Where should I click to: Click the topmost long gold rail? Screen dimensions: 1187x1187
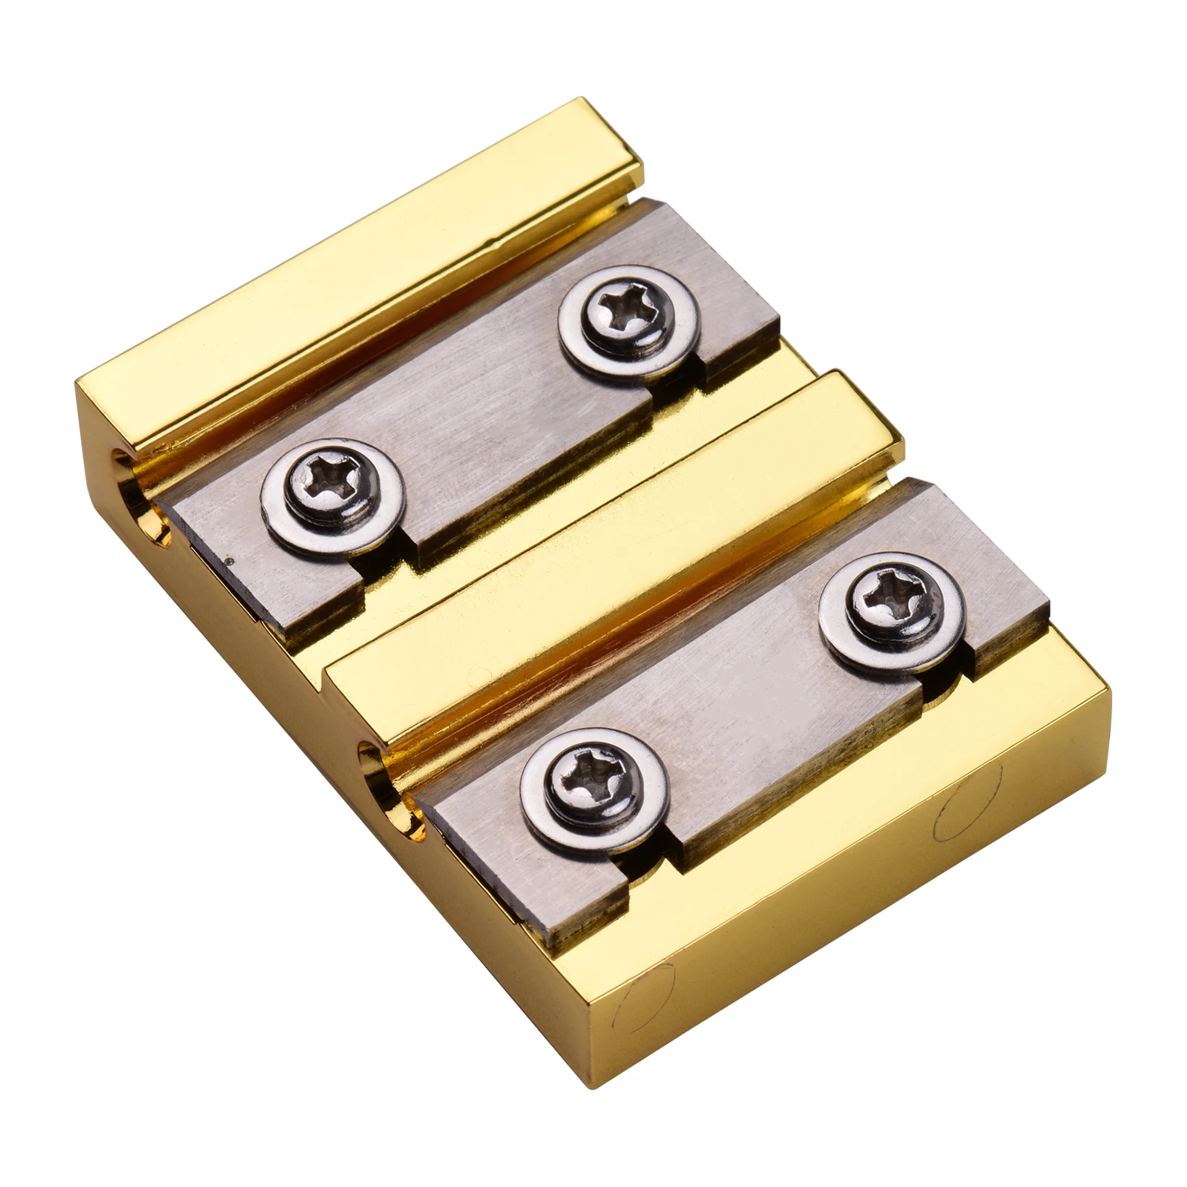pyautogui.click(x=356, y=297)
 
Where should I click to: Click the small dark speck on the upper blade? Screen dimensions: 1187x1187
pyautogui.click(x=234, y=562)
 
